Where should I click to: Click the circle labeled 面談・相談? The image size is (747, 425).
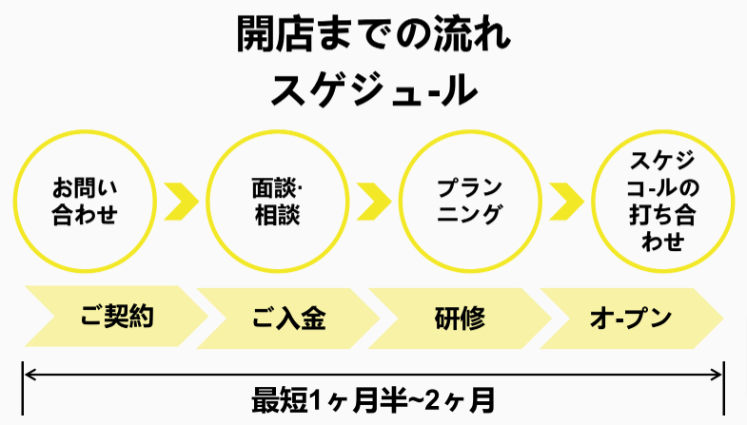point(277,201)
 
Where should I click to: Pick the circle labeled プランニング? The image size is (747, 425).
point(468,201)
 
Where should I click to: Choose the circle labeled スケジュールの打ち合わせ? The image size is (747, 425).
point(662,201)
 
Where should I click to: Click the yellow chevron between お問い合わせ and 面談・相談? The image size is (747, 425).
point(181,201)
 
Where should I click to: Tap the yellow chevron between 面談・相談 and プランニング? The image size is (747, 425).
point(373,201)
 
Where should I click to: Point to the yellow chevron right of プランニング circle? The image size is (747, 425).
point(565,201)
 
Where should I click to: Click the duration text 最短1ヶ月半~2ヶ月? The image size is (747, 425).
point(373,398)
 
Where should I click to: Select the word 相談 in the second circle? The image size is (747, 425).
point(277,216)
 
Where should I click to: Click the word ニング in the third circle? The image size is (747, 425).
point(468,215)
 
